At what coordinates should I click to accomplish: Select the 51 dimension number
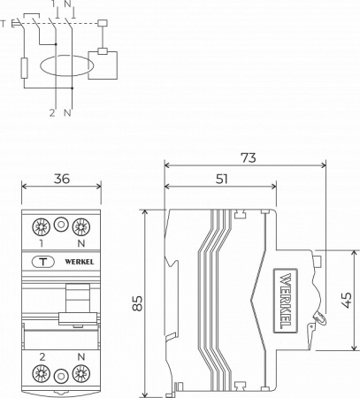tap(221, 178)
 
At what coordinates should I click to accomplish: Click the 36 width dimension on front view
tap(61, 178)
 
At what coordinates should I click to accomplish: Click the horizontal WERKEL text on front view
tap(79, 262)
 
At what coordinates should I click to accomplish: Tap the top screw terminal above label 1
tap(41, 225)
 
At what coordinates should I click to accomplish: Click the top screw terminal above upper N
tap(81, 225)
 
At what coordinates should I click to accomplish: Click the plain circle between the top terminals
tap(61, 225)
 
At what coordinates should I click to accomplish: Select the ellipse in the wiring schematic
tap(65, 66)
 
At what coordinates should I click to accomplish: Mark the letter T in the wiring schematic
tap(5, 24)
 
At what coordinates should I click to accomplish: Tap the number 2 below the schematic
tap(51, 112)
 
